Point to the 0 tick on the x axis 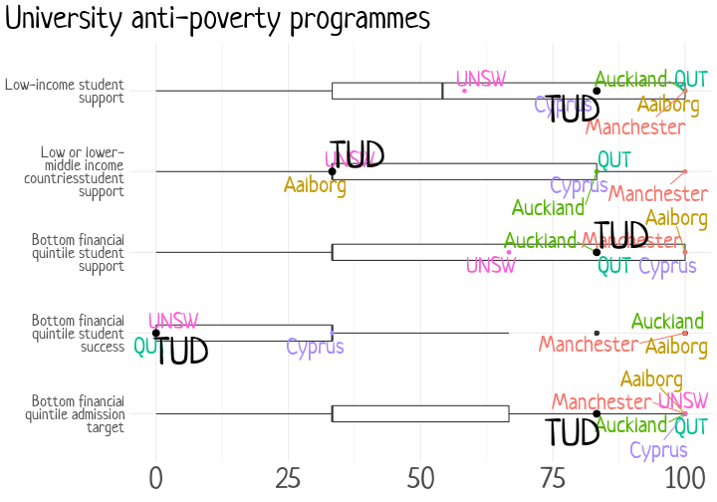[155, 476]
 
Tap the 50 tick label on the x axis [420, 476]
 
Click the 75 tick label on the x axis [553, 476]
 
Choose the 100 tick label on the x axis [684, 476]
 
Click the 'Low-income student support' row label [64, 91]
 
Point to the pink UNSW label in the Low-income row [481, 79]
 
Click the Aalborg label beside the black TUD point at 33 [315, 185]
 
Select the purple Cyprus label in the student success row [315, 347]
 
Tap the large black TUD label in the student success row [182, 351]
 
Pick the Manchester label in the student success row [588, 345]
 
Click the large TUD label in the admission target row [573, 433]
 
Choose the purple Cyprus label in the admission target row [658, 450]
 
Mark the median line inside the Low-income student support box [442, 91]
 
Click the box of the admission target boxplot [419, 413]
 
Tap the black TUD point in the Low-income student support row [597, 91]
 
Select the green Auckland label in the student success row [667, 322]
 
